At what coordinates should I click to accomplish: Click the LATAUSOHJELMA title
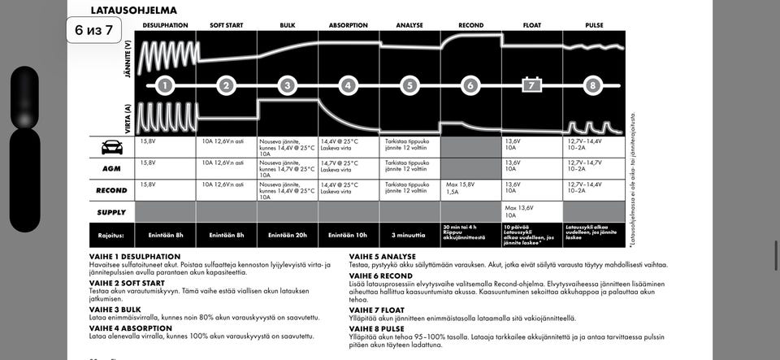(133, 11)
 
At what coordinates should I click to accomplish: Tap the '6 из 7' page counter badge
(93, 31)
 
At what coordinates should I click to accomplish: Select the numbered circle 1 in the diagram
(165, 85)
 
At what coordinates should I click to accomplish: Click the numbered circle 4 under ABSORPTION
(348, 85)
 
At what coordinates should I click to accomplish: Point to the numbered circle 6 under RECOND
(470, 85)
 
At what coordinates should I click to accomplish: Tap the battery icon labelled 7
(531, 85)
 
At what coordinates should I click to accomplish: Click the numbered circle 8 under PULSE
(593, 85)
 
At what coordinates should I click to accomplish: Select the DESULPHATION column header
(165, 25)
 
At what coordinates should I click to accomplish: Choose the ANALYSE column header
(409, 25)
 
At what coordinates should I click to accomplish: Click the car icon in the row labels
(112, 147)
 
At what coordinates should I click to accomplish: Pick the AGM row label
(112, 169)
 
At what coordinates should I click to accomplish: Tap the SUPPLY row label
(112, 212)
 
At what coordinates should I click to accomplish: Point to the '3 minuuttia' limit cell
(409, 235)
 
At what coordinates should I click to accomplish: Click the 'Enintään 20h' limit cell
(287, 235)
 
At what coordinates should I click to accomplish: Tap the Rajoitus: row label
(110, 235)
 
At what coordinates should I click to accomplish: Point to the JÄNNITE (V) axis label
(128, 59)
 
